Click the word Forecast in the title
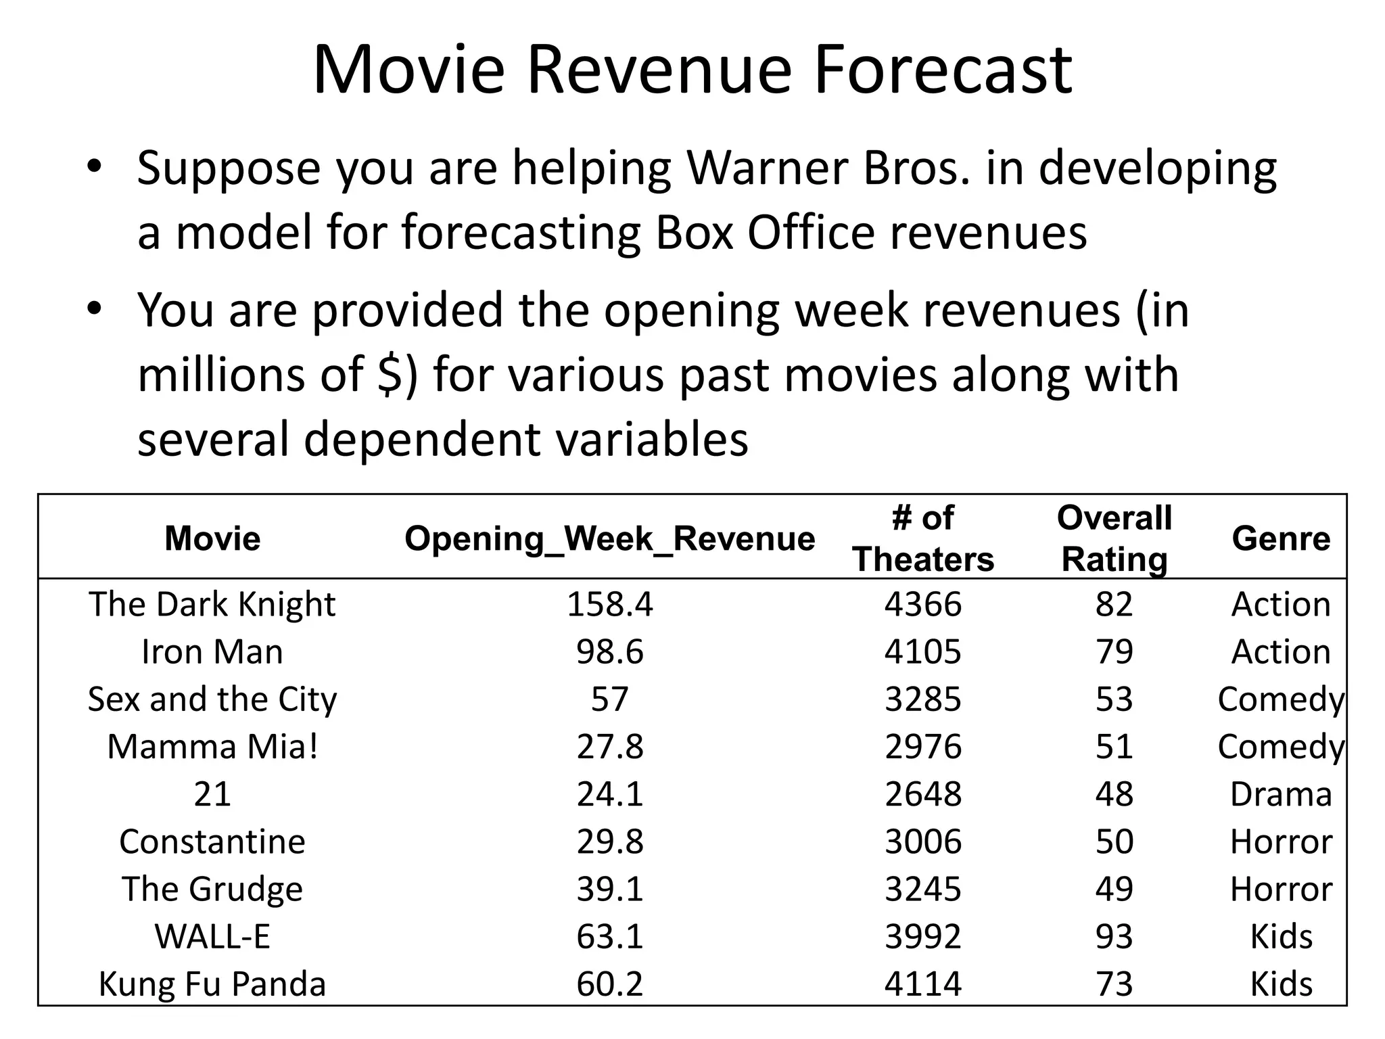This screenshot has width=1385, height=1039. (x=943, y=70)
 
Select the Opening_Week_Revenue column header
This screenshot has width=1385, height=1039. (x=609, y=539)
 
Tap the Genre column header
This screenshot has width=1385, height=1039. (x=1280, y=539)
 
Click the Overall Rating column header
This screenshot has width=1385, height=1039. (x=1114, y=539)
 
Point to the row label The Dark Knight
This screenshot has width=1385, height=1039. (x=212, y=604)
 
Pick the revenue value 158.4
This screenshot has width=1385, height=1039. (x=609, y=604)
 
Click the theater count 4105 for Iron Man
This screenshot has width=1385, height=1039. (x=922, y=652)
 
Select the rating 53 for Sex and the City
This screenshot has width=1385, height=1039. (x=1114, y=699)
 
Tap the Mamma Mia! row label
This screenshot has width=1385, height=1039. (x=212, y=747)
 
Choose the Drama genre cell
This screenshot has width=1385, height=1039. (x=1280, y=794)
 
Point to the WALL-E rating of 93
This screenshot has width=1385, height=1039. (x=1114, y=937)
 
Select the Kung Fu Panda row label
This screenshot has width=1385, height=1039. (x=212, y=984)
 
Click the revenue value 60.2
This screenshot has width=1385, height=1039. (x=609, y=984)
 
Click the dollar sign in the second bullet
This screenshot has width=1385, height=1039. (x=389, y=375)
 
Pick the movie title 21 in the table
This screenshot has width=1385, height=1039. (x=212, y=794)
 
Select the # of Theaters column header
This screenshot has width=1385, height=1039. (x=922, y=539)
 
